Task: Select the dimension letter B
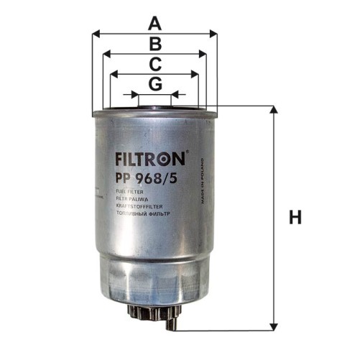click(154, 44)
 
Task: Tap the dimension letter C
click(154, 64)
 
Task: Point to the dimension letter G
click(154, 84)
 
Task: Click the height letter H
click(295, 218)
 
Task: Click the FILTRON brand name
click(149, 156)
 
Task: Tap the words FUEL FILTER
click(130, 193)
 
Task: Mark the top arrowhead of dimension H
click(272, 110)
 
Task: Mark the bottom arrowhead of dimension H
click(272, 326)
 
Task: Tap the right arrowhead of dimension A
click(213, 32)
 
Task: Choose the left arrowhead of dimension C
click(111, 73)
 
